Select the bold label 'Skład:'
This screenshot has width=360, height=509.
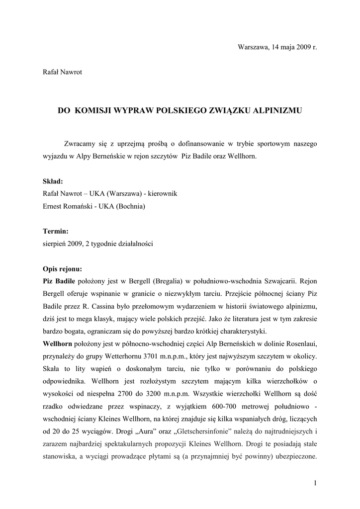point(53,181)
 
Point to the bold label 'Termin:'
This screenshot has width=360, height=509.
point(56,231)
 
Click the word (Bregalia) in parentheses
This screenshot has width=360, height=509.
point(169,281)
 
